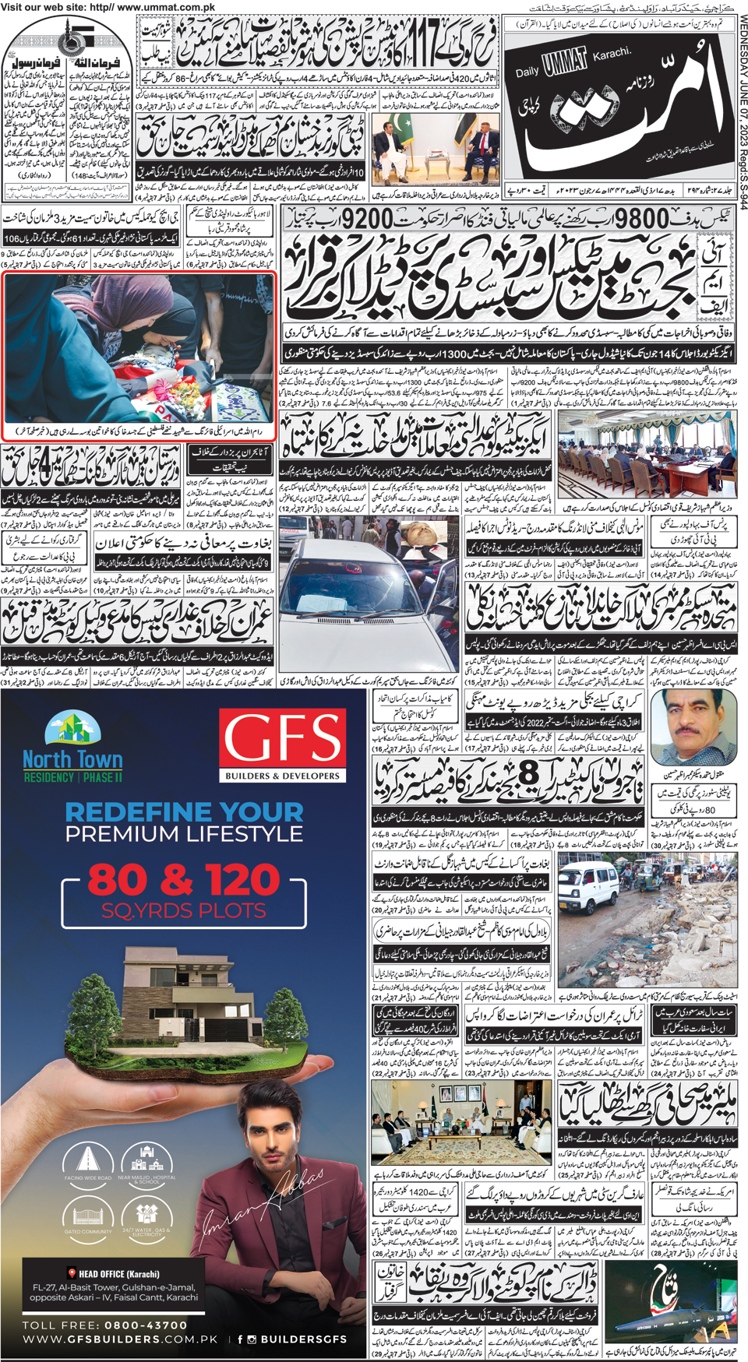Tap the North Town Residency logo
pyautogui.click(x=72, y=748)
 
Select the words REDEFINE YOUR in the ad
pyautogui.click(x=184, y=813)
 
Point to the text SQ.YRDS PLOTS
pyautogui.click(x=183, y=910)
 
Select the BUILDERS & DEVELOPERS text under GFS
pyautogui.click(x=282, y=776)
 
